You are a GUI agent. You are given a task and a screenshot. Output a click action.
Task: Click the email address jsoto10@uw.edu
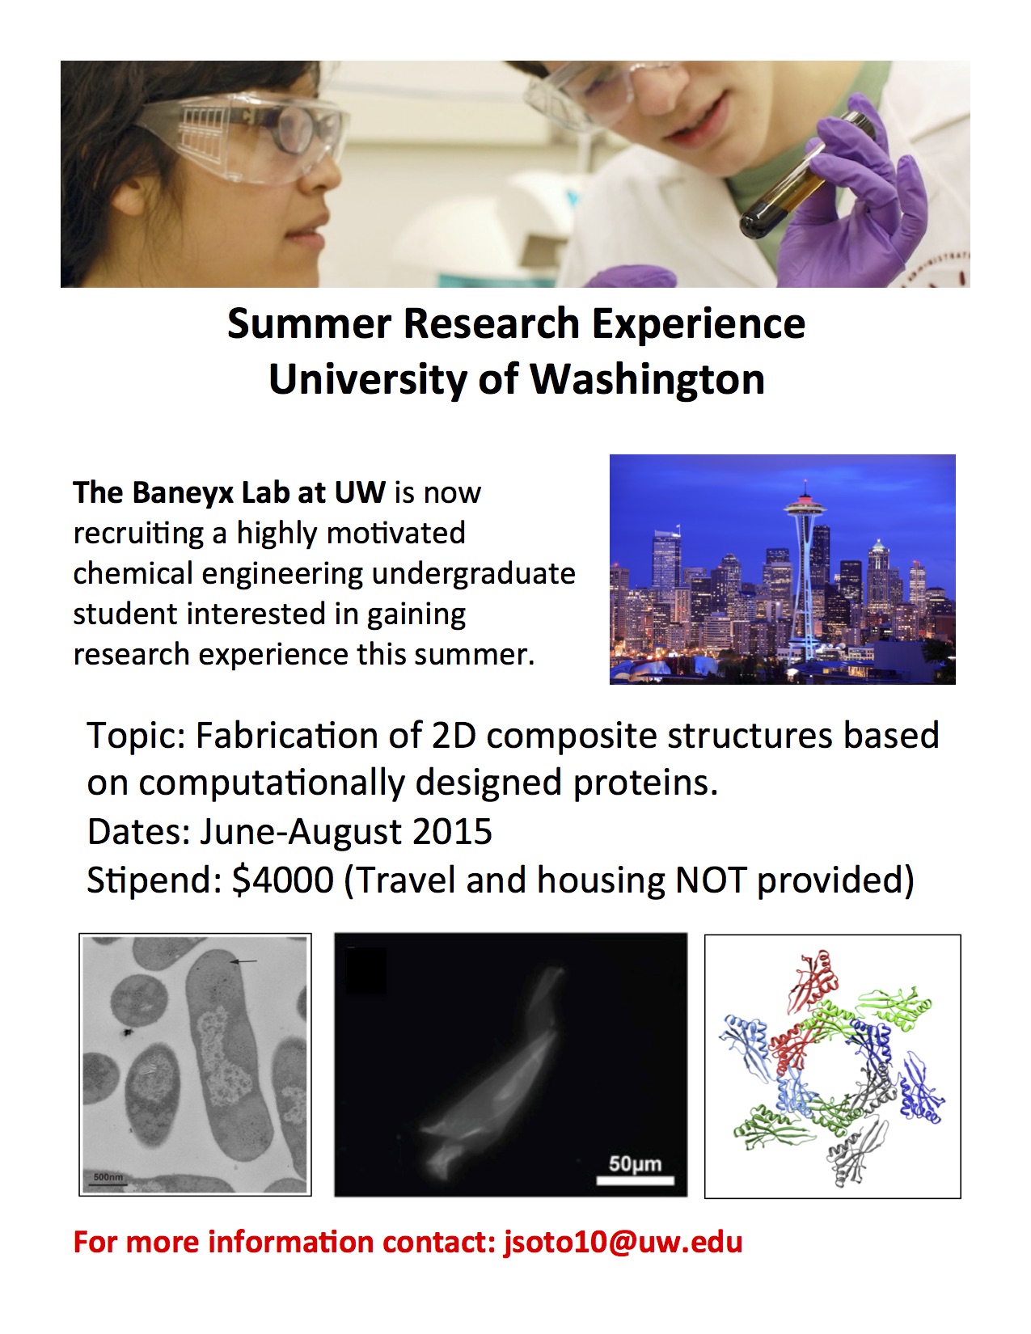pyautogui.click(x=623, y=1242)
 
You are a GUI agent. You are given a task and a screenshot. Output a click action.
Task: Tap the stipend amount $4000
pyautogui.click(x=283, y=880)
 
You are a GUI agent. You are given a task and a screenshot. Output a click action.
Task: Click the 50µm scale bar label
pyautogui.click(x=635, y=1163)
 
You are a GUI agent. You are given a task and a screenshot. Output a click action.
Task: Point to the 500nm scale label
pyautogui.click(x=108, y=1177)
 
